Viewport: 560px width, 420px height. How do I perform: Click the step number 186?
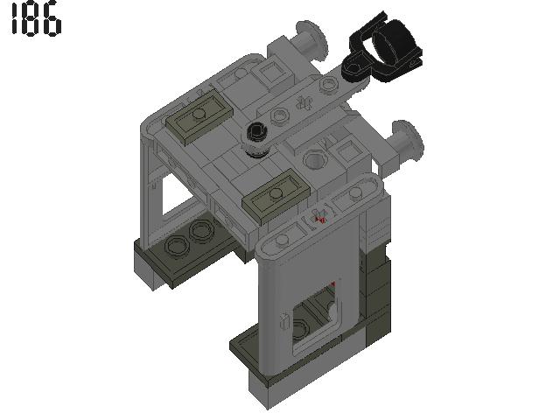[x=36, y=22]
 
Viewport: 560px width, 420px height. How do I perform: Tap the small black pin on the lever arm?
[x=256, y=134]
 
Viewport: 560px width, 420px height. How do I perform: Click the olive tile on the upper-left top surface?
[x=199, y=115]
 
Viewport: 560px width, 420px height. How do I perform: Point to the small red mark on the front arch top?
[x=320, y=219]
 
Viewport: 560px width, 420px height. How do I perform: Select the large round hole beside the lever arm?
[x=314, y=160]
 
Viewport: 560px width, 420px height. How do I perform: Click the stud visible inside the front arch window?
[x=302, y=330]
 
